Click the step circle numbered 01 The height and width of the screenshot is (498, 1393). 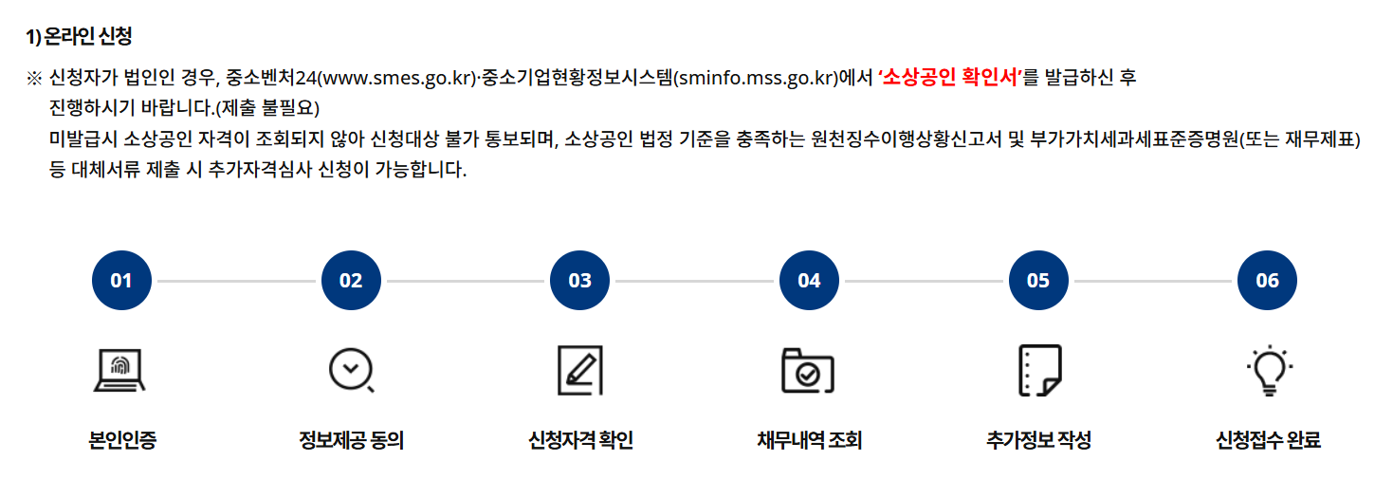click(121, 281)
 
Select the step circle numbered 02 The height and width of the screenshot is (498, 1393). click(351, 281)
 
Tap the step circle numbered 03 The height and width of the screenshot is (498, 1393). click(579, 281)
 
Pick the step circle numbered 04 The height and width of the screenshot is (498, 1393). click(809, 281)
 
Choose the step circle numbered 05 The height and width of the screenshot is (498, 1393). click(1038, 281)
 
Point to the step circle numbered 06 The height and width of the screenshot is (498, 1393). click(1267, 281)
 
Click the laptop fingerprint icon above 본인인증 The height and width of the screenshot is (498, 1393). click(119, 370)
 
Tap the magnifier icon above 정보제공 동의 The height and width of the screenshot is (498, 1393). click(351, 370)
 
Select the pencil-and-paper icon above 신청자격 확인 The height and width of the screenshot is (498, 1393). click(579, 370)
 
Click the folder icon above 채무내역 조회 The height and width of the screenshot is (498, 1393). click(808, 370)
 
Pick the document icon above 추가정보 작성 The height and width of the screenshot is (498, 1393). click(1038, 370)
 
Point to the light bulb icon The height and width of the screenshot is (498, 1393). click(1268, 371)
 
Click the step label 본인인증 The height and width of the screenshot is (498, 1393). click(121, 441)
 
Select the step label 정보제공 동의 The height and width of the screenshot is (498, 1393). click(351, 441)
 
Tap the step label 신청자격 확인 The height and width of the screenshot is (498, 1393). click(580, 441)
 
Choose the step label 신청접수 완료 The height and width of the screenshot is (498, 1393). click(1268, 441)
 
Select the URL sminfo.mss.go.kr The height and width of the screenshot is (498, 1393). click(756, 78)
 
